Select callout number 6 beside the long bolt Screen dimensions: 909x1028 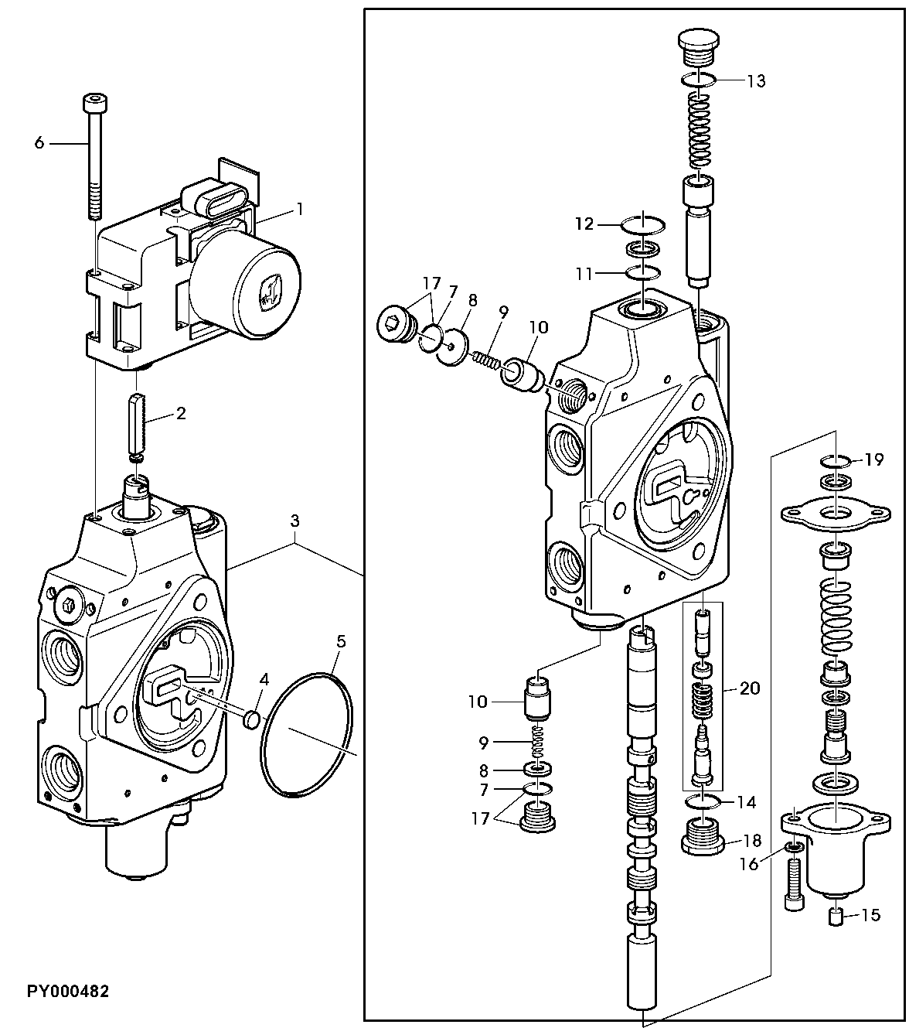point(39,143)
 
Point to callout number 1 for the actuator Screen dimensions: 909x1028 point(300,209)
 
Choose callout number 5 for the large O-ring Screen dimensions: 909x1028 point(341,641)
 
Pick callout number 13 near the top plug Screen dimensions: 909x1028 point(756,80)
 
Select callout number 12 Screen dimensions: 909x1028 point(584,224)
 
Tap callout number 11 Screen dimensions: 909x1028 point(584,274)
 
